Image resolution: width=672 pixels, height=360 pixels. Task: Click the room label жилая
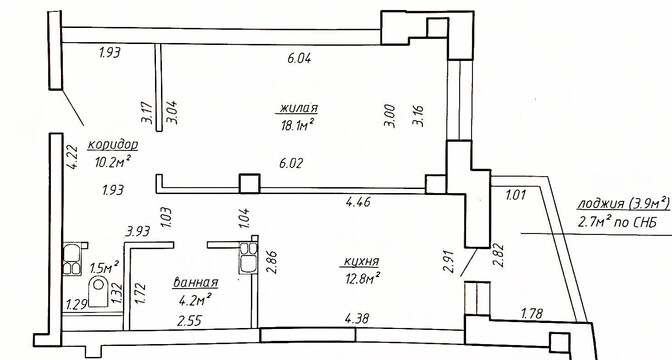tap(298, 108)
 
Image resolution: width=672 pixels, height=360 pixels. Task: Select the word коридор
tap(113, 145)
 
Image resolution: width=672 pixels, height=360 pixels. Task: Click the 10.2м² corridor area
tap(113, 162)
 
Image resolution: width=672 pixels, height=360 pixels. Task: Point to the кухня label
tap(362, 262)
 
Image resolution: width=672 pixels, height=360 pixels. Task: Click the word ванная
tap(196, 283)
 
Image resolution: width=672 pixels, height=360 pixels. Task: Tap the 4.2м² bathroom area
tap(196, 300)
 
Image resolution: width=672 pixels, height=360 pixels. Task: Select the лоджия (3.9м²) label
tap(623, 204)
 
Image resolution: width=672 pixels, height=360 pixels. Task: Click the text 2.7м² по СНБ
tap(617, 222)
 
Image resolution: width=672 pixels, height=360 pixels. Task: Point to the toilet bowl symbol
tap(99, 291)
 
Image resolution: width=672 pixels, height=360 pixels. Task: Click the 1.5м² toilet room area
tap(104, 267)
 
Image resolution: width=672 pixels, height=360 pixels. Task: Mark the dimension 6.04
tap(299, 58)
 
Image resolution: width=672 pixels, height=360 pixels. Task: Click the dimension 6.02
tap(291, 163)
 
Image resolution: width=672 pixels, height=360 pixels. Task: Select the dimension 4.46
tap(358, 201)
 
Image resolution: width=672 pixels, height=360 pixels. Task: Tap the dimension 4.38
tap(357, 318)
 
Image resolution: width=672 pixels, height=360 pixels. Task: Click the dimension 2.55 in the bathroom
tap(189, 321)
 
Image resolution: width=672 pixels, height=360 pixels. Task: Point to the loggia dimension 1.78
tap(532, 314)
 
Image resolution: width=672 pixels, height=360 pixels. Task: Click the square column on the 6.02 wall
tap(250, 183)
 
